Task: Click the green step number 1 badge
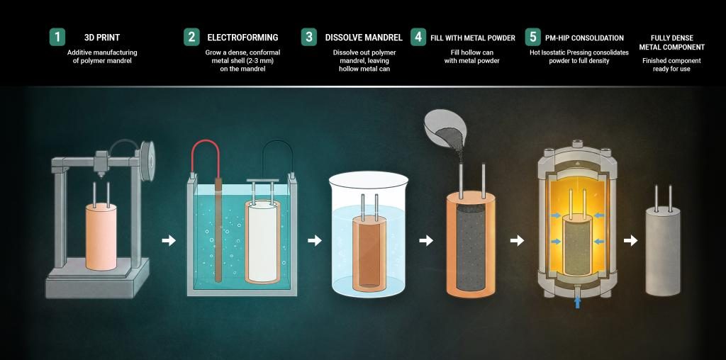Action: [57, 37]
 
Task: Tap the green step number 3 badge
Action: [309, 37]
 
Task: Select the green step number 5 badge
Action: [533, 37]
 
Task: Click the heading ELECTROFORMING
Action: [242, 38]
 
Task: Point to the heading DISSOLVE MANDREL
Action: [364, 38]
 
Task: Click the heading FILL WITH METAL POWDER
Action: [473, 38]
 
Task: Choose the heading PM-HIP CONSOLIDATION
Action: [584, 38]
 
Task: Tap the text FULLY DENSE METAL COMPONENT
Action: [672, 43]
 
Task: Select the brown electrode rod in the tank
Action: [218, 230]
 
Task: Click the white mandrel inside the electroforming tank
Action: [262, 241]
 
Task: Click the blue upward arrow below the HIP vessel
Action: [577, 303]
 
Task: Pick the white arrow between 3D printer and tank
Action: [169, 241]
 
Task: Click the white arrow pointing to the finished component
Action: [630, 241]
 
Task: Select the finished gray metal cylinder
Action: [663, 251]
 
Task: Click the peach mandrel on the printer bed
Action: [101, 237]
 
